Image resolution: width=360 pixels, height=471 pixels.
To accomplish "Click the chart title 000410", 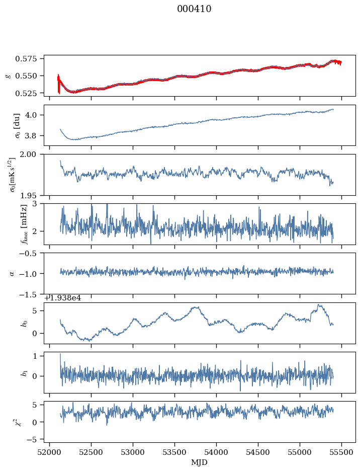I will (x=194, y=9).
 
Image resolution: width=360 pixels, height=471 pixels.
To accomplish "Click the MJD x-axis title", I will (x=200, y=462).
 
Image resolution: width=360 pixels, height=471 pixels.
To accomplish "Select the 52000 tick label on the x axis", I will (x=49, y=453).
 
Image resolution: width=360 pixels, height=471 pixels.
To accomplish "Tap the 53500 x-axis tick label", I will (x=175, y=453).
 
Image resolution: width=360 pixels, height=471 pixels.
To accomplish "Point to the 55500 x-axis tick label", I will (x=342, y=453).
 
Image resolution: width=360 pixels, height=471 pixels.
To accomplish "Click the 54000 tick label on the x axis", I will (x=217, y=453).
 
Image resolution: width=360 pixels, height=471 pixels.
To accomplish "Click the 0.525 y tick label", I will (x=31, y=93).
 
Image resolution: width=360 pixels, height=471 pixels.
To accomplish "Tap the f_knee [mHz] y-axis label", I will (x=24, y=224).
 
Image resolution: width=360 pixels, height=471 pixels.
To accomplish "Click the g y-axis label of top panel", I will (x=8, y=75).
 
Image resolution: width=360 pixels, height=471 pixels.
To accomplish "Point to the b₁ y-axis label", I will (x=23, y=372).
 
